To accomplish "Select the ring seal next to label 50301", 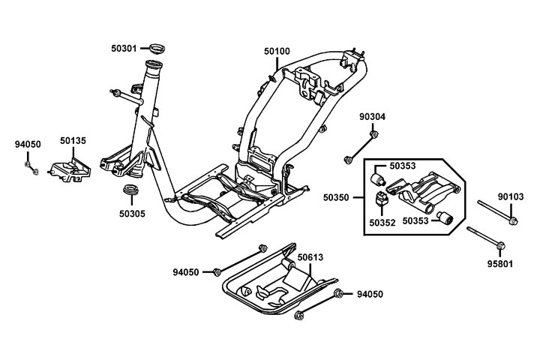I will point(156,49).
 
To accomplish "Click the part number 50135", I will point(73,139).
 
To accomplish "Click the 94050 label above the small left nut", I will point(28,142).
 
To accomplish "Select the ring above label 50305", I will point(130,189).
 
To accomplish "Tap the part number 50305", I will point(131,213).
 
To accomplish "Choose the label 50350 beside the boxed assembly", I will point(337,197).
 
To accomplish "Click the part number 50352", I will point(382,222).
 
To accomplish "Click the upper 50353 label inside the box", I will point(403,166).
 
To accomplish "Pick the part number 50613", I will point(310,257).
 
